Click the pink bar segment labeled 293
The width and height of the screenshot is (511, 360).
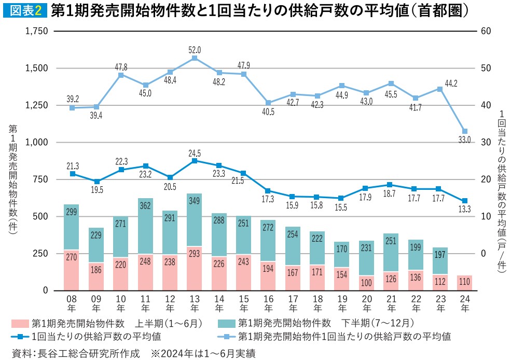coord(195,268)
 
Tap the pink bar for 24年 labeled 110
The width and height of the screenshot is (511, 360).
coord(465,283)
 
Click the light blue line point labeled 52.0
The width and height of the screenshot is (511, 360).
coord(195,58)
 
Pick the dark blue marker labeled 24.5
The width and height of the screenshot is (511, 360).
coord(195,161)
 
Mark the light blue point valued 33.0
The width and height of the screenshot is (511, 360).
coord(465,131)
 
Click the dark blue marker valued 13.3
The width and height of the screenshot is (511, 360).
coord(465,201)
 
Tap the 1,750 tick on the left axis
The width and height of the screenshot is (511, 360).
coord(35,31)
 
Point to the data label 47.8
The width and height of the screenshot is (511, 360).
coord(120,66)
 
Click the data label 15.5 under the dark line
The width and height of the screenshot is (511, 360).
coord(341,208)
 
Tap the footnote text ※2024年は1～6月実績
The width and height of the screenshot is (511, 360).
coord(204,353)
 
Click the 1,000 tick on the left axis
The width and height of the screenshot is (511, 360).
coord(35,142)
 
